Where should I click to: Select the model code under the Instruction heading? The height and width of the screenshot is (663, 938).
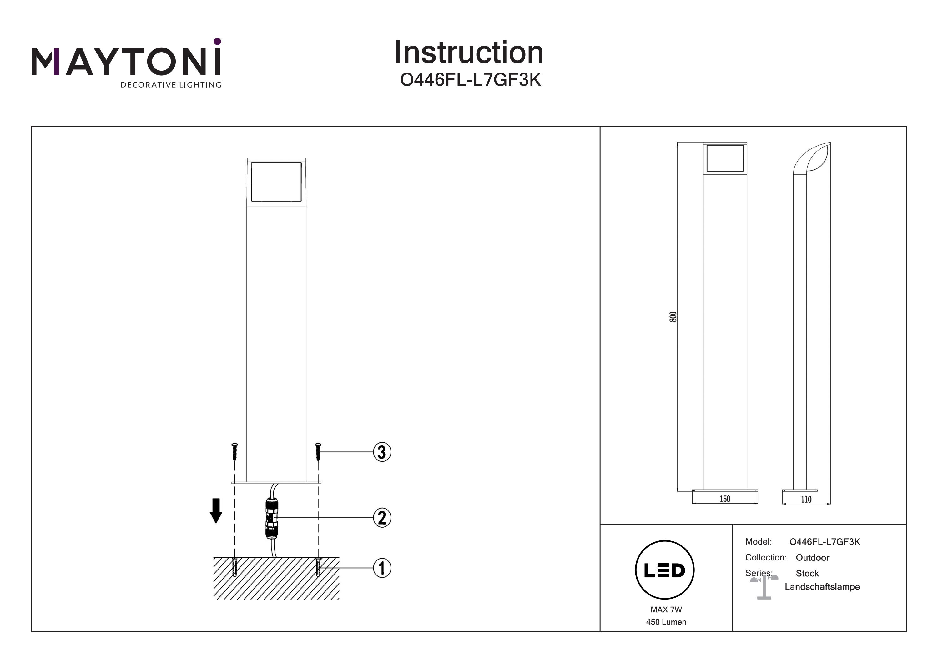pos(470,80)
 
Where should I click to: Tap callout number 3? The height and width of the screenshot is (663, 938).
pos(382,452)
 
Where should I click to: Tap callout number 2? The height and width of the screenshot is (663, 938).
pos(382,518)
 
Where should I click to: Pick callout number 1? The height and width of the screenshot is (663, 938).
pos(382,568)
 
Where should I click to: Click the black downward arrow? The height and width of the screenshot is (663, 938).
pos(216,511)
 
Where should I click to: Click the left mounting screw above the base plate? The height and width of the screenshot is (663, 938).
pos(234,452)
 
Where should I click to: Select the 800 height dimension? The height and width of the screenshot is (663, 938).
pos(673,317)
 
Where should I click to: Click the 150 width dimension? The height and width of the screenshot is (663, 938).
pos(725,499)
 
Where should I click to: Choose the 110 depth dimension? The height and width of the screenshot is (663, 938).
pos(806,500)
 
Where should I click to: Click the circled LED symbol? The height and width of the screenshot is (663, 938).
pos(665,570)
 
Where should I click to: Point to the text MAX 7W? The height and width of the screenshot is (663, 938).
pos(666,610)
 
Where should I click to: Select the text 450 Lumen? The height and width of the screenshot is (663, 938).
pos(666,622)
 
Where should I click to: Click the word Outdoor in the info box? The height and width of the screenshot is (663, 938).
pos(812,558)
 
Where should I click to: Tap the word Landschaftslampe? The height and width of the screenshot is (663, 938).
pos(822,587)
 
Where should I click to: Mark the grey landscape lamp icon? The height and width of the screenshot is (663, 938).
pos(764,587)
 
